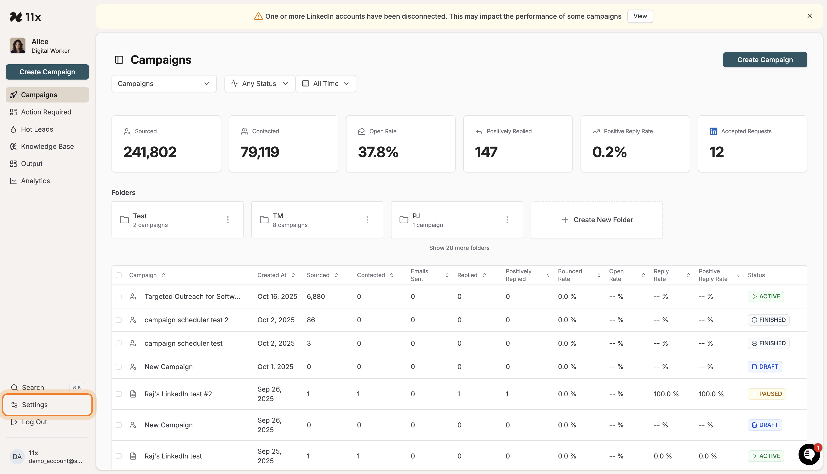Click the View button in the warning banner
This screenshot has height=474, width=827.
tap(640, 16)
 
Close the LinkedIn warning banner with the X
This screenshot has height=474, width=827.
tap(809, 16)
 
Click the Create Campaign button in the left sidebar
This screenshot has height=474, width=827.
tap(47, 72)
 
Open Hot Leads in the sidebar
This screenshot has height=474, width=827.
tap(37, 129)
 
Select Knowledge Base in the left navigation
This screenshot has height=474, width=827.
tap(47, 146)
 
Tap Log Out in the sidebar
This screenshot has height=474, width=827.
tap(34, 422)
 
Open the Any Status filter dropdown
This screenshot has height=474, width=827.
tap(259, 84)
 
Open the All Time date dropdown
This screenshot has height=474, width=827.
tap(325, 84)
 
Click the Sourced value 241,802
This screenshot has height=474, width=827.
tap(150, 152)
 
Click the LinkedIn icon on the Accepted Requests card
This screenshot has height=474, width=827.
tap(713, 132)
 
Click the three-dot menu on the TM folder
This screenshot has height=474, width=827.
tap(367, 220)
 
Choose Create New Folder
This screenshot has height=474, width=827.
tap(597, 220)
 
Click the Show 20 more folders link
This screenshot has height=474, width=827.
tap(459, 248)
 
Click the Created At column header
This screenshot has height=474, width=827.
tap(272, 275)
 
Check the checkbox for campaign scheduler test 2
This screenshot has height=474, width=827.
tap(119, 320)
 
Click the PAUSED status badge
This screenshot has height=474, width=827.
tap(767, 394)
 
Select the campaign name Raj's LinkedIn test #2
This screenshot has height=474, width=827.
tap(178, 394)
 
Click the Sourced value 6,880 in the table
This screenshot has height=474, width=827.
tap(316, 296)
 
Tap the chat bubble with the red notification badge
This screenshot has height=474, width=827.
tap(808, 454)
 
